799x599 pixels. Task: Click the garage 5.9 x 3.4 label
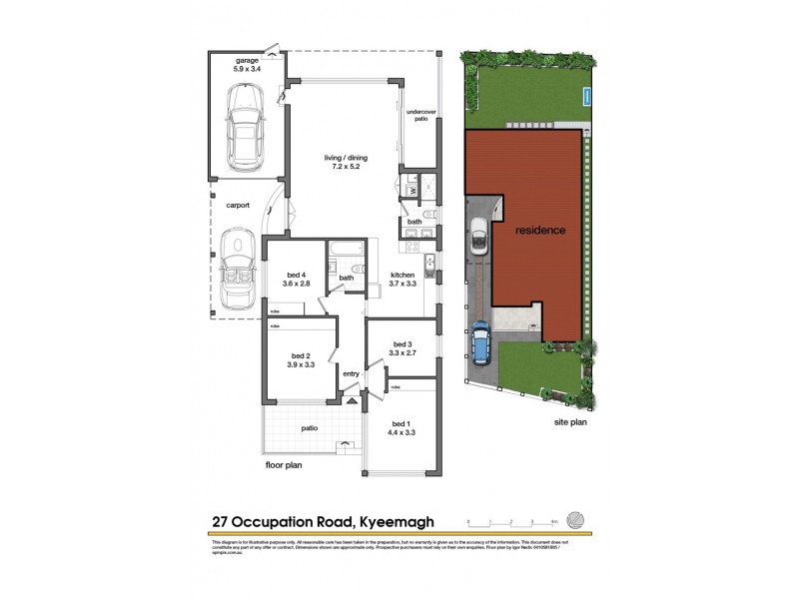(x=246, y=65)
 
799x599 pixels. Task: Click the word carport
(x=237, y=205)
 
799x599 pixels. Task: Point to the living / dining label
(x=341, y=162)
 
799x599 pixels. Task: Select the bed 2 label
(x=303, y=360)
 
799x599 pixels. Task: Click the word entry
(x=351, y=374)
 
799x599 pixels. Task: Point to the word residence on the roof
(x=540, y=231)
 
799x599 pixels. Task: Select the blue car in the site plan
(x=480, y=342)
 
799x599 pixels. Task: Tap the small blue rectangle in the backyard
(x=587, y=96)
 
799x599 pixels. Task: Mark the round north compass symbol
(x=576, y=520)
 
